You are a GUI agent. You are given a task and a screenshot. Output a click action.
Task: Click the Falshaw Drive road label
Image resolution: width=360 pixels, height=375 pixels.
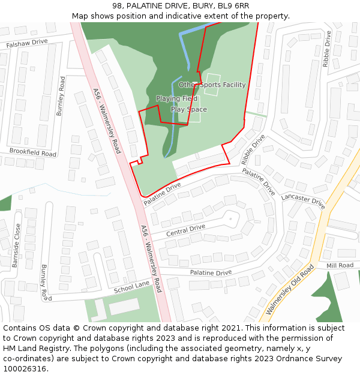(27, 43)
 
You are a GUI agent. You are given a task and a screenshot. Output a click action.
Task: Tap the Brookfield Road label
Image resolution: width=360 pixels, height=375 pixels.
(32, 154)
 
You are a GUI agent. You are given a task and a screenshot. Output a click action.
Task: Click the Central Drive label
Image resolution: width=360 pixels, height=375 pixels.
(185, 230)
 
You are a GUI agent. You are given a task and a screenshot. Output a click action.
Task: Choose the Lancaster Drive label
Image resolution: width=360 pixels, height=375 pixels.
(302, 200)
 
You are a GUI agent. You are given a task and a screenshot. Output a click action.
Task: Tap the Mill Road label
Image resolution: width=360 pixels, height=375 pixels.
(340, 265)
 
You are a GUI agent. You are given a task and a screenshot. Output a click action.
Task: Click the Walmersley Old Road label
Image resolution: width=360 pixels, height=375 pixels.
(290, 289)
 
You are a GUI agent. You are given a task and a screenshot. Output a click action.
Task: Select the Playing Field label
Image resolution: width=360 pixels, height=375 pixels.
(176, 98)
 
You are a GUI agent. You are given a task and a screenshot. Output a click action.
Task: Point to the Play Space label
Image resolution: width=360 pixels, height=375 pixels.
(188, 110)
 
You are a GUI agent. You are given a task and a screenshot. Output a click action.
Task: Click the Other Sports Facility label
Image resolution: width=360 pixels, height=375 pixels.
(212, 85)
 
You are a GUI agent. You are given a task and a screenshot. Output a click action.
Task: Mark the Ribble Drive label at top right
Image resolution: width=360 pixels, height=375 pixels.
(326, 49)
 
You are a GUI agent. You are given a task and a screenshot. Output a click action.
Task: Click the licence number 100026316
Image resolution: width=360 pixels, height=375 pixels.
(25, 369)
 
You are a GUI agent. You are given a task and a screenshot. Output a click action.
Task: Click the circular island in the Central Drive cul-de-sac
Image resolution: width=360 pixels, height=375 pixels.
(230, 219)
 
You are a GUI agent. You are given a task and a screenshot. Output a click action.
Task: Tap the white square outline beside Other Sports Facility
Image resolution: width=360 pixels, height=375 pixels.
(213, 78)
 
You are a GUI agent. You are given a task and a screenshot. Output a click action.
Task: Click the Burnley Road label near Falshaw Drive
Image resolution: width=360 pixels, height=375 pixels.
(61, 96)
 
